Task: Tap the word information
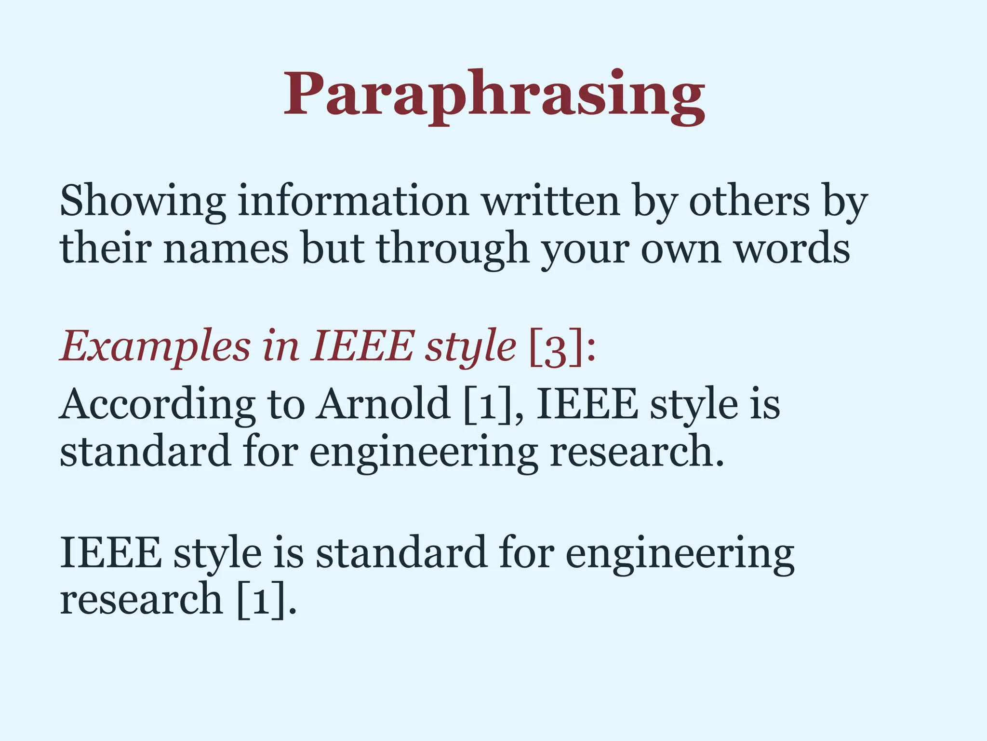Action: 353,201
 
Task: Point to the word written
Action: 551,201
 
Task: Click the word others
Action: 750,201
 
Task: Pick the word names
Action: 226,248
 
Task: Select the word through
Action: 453,249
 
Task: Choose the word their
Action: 105,248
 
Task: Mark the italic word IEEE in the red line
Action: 362,346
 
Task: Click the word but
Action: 332,248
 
